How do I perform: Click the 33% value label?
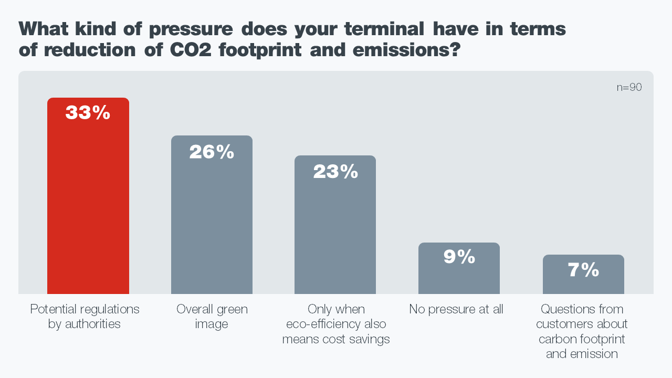pos(88,112)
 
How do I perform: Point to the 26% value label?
pos(212,152)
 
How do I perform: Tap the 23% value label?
pos(335,171)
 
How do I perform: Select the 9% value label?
pos(459,257)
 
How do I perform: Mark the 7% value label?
pos(583,270)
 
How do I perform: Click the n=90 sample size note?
pos(629,88)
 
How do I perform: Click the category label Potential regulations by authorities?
pos(85,317)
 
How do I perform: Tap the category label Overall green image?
pos(212,317)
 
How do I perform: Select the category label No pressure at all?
pos(456,309)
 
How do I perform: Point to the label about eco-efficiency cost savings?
pos(336,324)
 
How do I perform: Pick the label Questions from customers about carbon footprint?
pos(582,331)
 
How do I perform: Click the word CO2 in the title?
pos(190,50)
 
